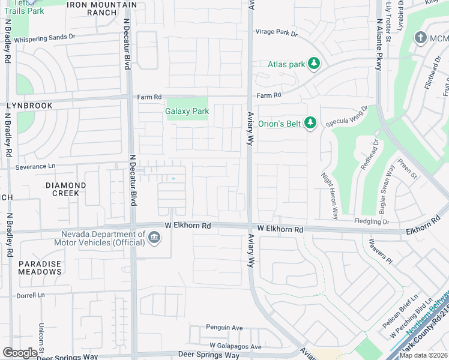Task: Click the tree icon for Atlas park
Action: coord(313,63)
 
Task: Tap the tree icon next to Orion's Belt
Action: coord(310,124)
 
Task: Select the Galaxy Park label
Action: coord(187,111)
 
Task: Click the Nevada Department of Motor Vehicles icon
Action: coord(154,239)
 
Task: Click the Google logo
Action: coord(20,353)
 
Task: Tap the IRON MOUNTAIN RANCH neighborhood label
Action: coord(101,9)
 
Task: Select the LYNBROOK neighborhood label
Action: coord(29,106)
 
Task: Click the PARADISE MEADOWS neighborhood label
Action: coord(40,268)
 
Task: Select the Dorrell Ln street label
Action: coord(31,295)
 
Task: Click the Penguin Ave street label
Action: coord(224,328)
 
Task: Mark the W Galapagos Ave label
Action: coord(235,347)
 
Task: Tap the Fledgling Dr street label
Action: coord(372,222)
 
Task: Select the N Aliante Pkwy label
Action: coord(379,45)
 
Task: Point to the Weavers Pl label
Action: coord(380,251)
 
